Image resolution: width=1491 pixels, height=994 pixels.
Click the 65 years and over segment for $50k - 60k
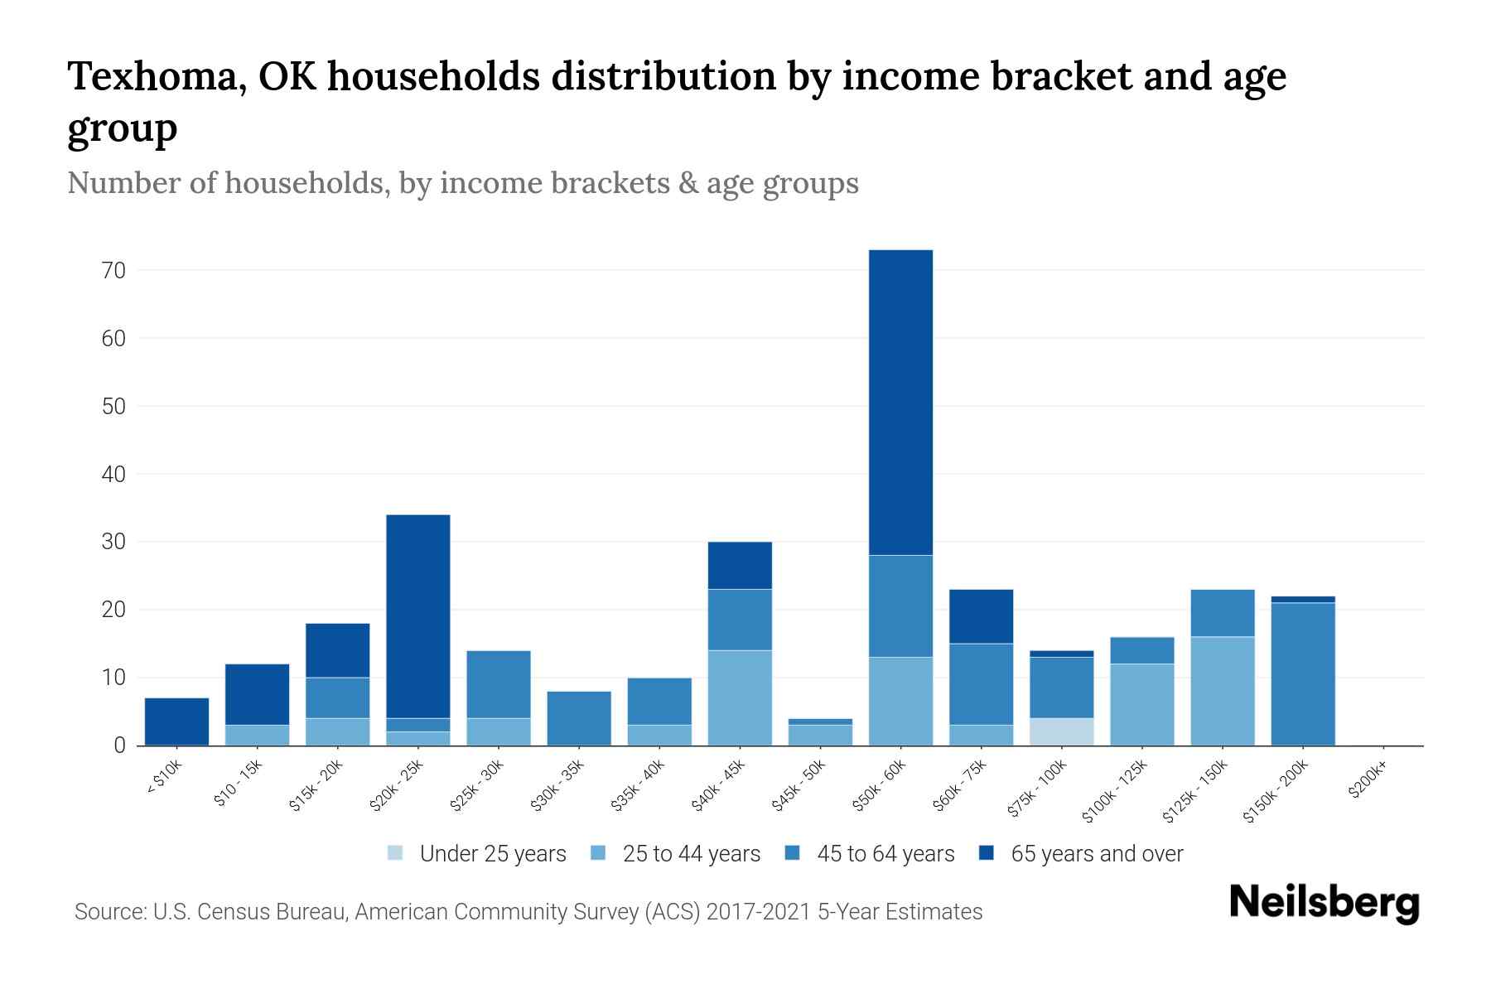click(x=900, y=402)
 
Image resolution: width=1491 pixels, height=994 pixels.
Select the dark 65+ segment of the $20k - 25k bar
click(x=418, y=616)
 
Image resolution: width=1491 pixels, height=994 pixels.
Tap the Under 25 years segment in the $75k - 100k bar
click(x=1062, y=731)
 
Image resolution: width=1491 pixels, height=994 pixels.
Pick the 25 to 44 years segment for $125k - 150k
click(x=1223, y=691)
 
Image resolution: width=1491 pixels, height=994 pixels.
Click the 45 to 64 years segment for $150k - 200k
click(x=1303, y=674)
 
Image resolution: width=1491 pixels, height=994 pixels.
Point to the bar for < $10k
click(x=176, y=721)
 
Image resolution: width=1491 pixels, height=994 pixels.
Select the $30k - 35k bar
click(x=579, y=718)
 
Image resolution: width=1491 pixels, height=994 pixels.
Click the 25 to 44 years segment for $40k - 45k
click(x=740, y=697)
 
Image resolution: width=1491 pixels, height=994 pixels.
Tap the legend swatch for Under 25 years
click(x=396, y=853)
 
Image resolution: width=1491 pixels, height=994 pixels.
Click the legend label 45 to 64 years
click(x=885, y=854)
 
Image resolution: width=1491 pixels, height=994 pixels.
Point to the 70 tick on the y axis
click(x=113, y=271)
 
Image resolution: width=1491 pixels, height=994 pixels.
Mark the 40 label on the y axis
click(x=113, y=475)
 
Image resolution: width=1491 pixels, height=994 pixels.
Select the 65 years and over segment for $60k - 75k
click(x=981, y=616)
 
